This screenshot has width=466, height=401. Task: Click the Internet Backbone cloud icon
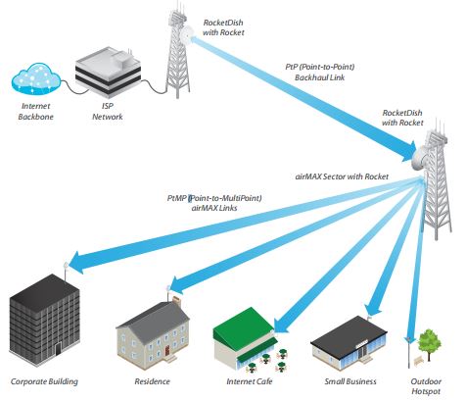click(x=36, y=79)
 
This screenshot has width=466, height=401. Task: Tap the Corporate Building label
click(x=44, y=381)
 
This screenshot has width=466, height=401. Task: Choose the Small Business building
click(x=349, y=343)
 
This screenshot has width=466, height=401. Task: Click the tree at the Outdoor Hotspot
click(x=430, y=344)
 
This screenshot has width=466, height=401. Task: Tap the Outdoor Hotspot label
click(x=426, y=386)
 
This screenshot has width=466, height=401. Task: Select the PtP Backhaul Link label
click(x=320, y=73)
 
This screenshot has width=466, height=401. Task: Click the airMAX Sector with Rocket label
click(x=342, y=176)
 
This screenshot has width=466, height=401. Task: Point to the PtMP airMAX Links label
click(x=214, y=203)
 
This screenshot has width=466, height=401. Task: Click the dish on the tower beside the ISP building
click(x=187, y=33)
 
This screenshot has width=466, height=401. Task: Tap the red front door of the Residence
click(x=167, y=351)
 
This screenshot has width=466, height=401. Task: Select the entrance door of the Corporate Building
click(x=58, y=349)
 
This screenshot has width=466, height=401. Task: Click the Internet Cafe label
click(x=250, y=381)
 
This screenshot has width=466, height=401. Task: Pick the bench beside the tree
click(x=418, y=361)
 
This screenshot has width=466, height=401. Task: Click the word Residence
click(x=152, y=381)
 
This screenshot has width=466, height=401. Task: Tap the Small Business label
click(x=350, y=381)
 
